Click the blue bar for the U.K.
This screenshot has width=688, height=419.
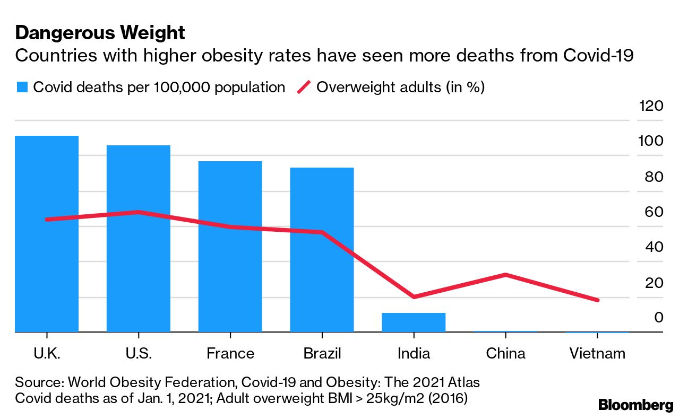click(47, 234)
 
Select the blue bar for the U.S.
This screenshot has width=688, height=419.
click(138, 239)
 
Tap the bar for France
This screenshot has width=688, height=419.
click(230, 247)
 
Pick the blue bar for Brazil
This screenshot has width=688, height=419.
click(322, 250)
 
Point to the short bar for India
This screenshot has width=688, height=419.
click(414, 322)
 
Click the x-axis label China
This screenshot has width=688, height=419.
click(505, 353)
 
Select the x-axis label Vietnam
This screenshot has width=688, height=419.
click(598, 353)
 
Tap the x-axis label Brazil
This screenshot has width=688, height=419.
click(322, 353)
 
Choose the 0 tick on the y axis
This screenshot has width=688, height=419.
click(658, 318)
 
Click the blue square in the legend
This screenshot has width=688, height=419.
click(22, 88)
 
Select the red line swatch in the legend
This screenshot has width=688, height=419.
click(303, 88)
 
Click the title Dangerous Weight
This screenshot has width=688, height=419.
click(100, 33)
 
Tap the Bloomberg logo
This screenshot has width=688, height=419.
click(635, 405)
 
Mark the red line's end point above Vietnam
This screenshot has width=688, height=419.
click(598, 300)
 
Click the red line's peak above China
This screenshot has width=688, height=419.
click(505, 275)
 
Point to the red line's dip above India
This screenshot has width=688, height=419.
click(414, 296)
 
